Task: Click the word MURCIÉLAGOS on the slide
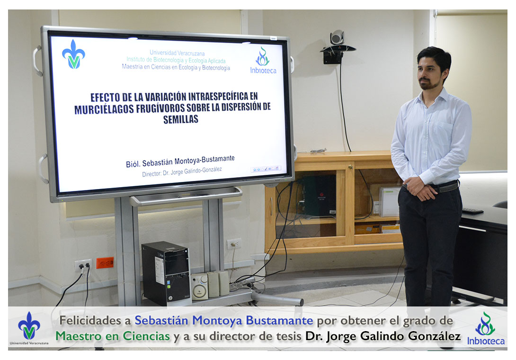[104, 109]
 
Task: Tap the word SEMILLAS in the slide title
[181, 119]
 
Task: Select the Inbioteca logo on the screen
[263, 60]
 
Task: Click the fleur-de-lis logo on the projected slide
[73, 54]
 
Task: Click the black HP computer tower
[166, 273]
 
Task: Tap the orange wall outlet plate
[105, 263]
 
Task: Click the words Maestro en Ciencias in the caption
[113, 336]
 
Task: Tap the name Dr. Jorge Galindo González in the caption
[383, 336]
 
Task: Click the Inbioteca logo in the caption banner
[486, 328]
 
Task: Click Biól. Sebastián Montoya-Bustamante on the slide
[180, 161]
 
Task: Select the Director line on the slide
[182, 171]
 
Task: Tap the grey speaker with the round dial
[199, 286]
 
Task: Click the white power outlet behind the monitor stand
[234, 244]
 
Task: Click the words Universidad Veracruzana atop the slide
[177, 53]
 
